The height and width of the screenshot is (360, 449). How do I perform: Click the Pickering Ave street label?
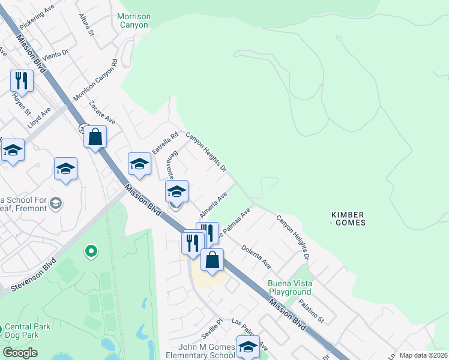click(x=37, y=17)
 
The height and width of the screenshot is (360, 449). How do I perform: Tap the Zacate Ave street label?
click(x=101, y=113)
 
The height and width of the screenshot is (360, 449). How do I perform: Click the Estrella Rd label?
click(x=165, y=143)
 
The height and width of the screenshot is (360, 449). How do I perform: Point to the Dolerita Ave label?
click(x=256, y=256)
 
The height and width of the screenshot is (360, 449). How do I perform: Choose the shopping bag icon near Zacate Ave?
click(x=95, y=137)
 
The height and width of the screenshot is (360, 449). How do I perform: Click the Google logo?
click(x=20, y=353)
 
